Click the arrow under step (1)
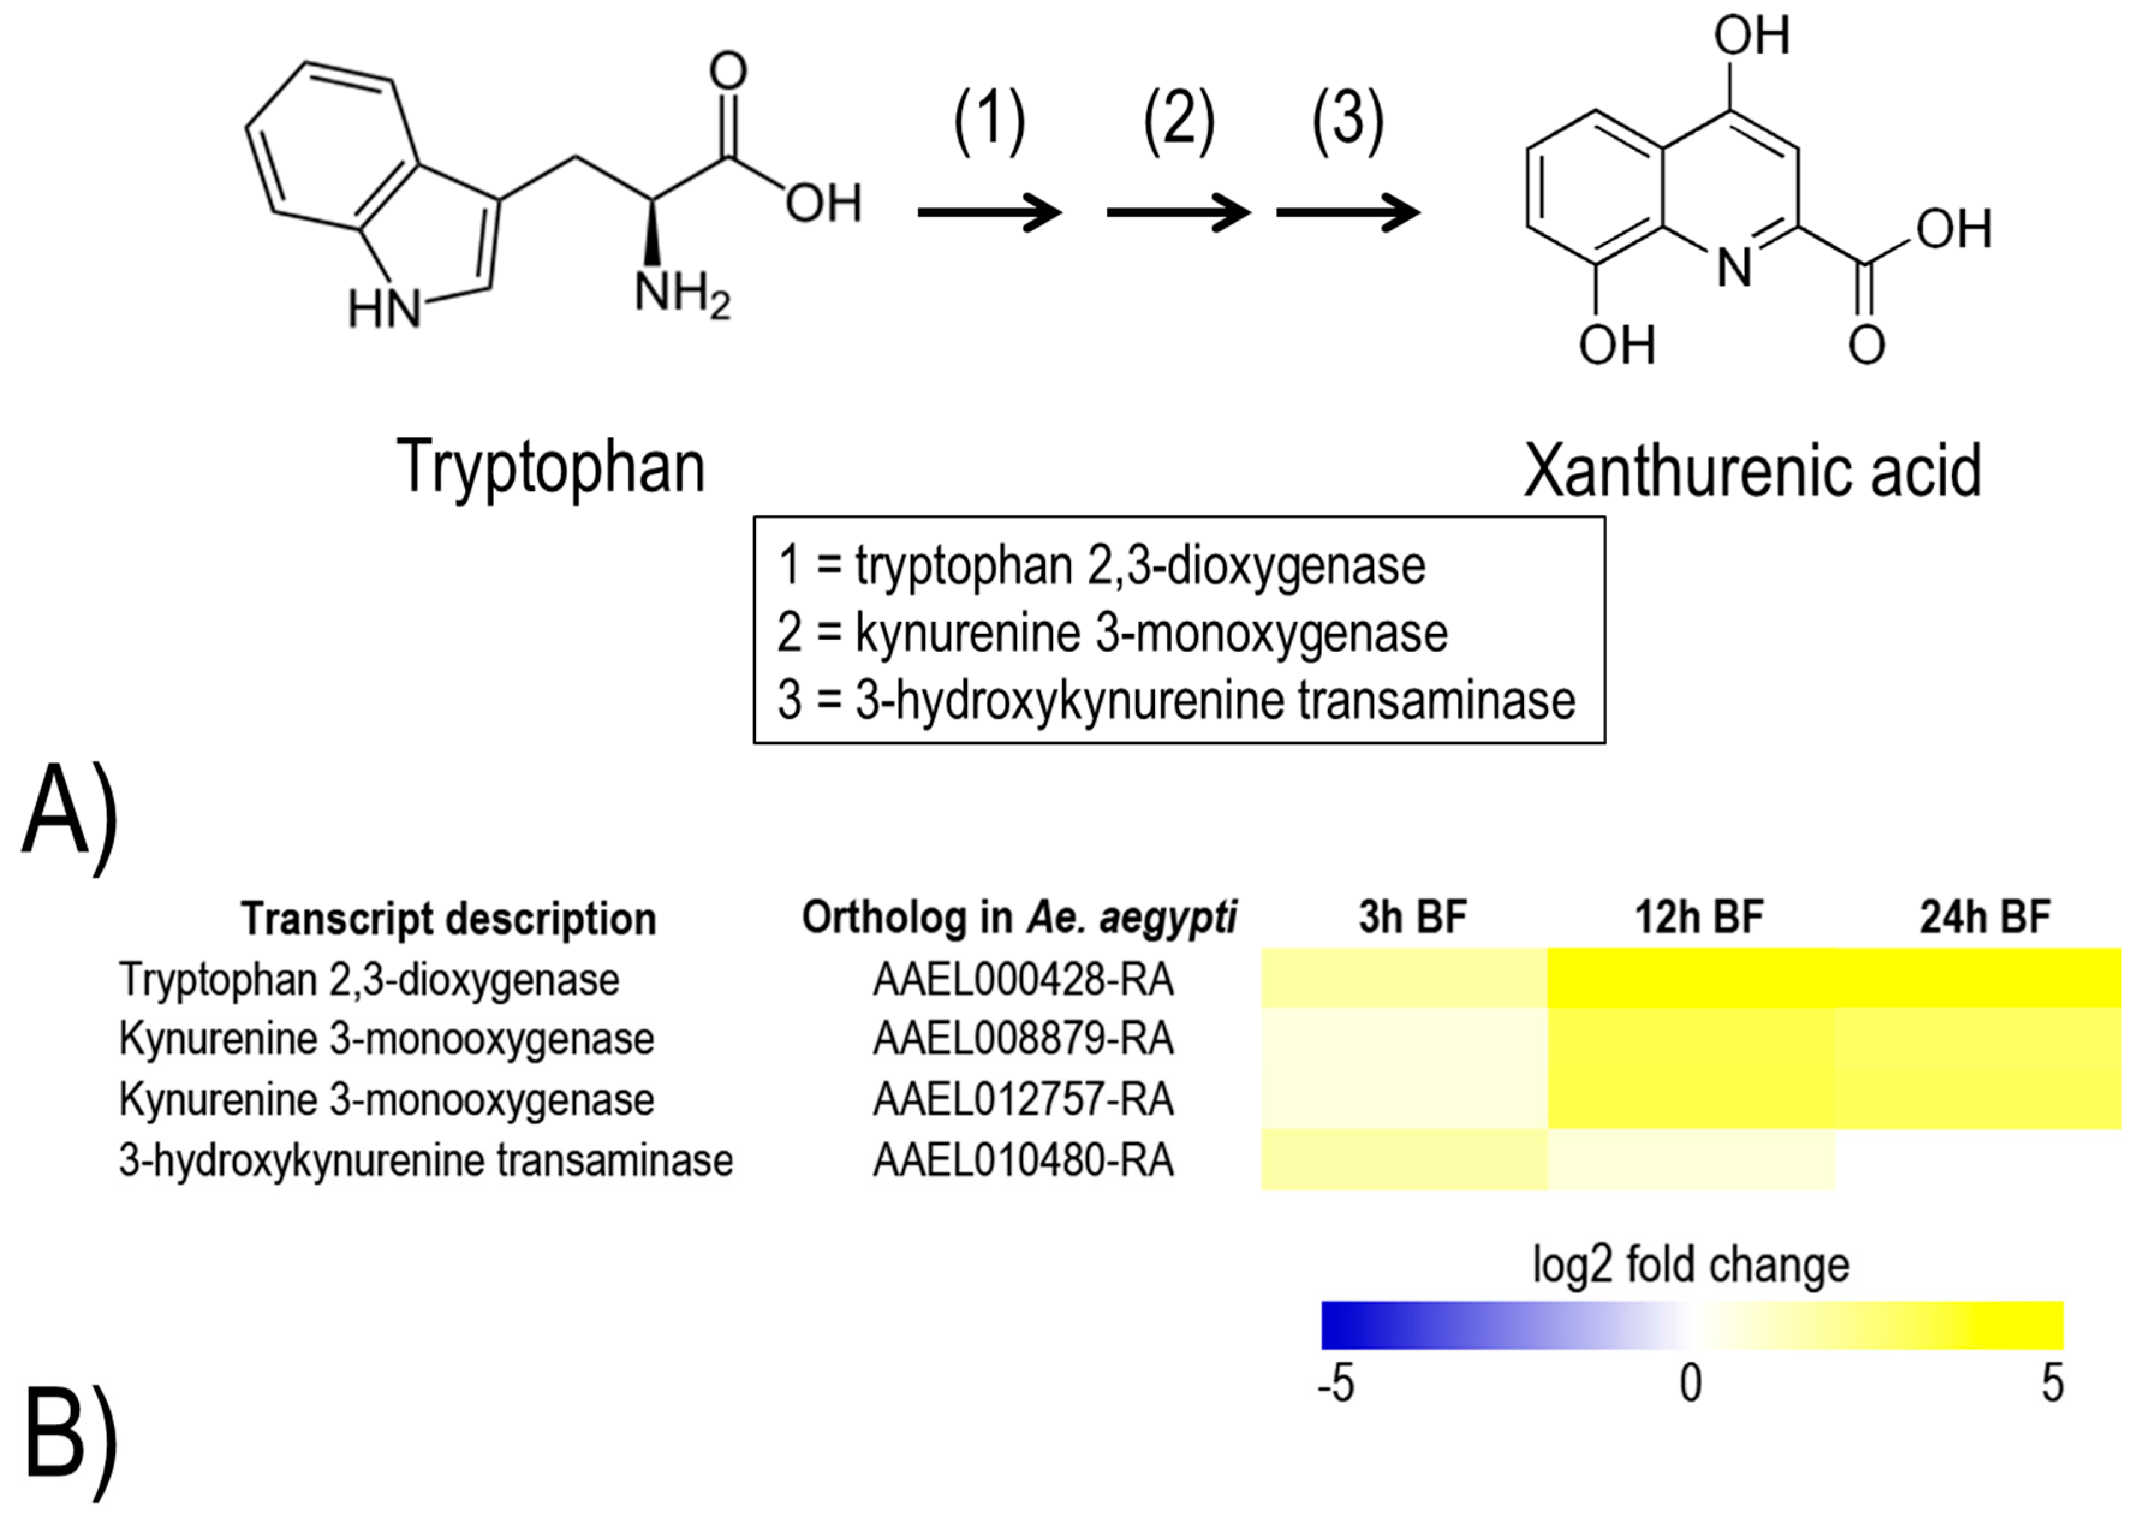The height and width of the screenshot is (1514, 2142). [989, 213]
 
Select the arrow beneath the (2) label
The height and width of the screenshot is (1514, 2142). [1178, 213]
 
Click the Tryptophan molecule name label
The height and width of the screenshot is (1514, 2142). [550, 467]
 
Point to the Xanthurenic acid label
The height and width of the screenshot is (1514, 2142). [1752, 471]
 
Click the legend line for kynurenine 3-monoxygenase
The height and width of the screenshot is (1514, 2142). [1112, 633]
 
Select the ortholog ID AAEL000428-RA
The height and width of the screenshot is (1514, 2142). [1023, 979]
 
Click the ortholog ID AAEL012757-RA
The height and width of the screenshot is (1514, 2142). [1023, 1099]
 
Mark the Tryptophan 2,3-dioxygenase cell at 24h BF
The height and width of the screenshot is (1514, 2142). [1978, 978]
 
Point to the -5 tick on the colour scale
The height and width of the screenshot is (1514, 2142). [1336, 1384]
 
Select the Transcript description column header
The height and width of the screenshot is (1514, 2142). [449, 919]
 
